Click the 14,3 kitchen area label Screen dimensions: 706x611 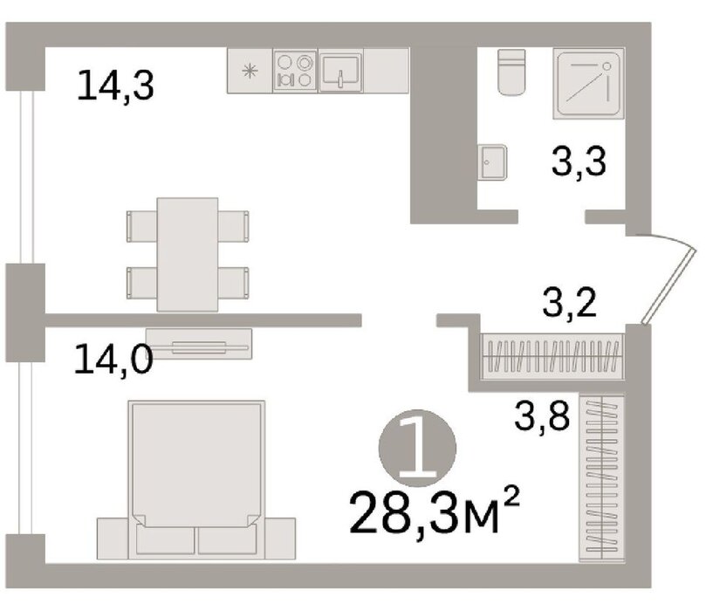click(116, 86)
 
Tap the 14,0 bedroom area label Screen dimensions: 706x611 click(113, 359)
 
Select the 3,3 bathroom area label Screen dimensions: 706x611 click(579, 161)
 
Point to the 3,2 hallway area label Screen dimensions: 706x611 click(570, 303)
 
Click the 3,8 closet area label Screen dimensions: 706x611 click(542, 415)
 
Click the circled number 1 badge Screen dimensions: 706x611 click(417, 449)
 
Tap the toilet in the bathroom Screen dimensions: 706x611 click(511, 72)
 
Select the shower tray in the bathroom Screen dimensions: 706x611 click(588, 83)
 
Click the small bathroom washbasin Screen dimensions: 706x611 click(492, 162)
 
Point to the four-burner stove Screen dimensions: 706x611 click(295, 71)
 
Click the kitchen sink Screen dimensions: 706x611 click(340, 71)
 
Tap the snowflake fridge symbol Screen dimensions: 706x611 click(250, 72)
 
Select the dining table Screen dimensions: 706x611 click(188, 254)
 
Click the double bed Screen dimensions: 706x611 click(196, 479)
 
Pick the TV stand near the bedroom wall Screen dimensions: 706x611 click(199, 344)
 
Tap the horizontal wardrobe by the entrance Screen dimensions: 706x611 click(552, 356)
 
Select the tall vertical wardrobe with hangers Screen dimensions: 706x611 click(601, 478)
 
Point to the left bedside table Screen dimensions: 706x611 click(113, 539)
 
